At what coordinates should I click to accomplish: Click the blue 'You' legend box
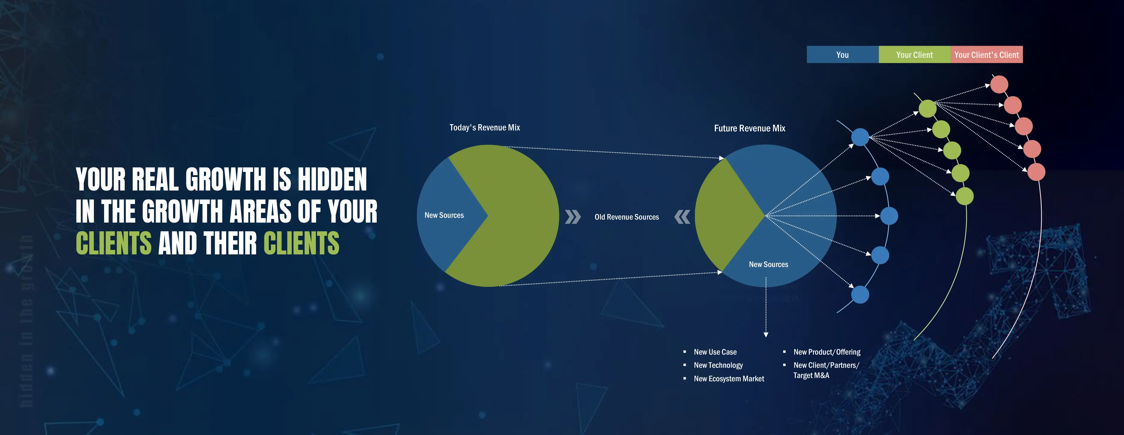coord(842,55)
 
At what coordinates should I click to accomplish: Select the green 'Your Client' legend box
coord(914,55)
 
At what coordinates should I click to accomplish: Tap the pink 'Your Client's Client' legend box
coord(986,55)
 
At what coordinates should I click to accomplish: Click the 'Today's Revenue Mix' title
coord(484,127)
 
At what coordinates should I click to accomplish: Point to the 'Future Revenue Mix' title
coord(749,128)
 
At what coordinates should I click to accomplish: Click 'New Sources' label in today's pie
coord(444,215)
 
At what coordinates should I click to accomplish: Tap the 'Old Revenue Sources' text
coord(627,217)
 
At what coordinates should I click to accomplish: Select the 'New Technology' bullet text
coord(718,365)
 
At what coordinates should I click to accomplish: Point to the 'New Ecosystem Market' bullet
coord(729,379)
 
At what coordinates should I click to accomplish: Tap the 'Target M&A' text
coord(811,376)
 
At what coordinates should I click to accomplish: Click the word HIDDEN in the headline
coord(331,179)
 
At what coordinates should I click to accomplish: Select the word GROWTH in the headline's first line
coord(225,179)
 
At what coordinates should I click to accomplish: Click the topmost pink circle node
coord(999,84)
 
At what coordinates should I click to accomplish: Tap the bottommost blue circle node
coord(860,295)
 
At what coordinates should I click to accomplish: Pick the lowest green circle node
coord(964,196)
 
